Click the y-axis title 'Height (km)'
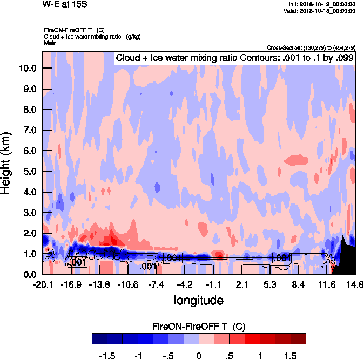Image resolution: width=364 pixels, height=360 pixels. (x=7, y=163)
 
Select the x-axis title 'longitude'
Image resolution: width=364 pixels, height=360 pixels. (x=198, y=300)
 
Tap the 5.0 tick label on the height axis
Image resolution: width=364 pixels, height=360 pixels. (x=29, y=172)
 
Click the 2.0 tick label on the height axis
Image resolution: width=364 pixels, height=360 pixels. (x=29, y=234)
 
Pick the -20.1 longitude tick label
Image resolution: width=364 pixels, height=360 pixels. (x=42, y=284)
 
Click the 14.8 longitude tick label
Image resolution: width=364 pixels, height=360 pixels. (x=354, y=284)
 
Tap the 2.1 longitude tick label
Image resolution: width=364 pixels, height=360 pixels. (x=241, y=284)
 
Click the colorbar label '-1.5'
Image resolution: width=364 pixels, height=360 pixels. (x=107, y=356)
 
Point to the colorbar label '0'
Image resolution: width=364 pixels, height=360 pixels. (x=199, y=356)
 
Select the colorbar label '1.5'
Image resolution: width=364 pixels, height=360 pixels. (x=291, y=356)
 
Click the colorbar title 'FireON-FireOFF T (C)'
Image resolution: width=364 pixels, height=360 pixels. (x=199, y=327)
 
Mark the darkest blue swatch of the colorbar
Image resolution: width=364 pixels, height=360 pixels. (x=99, y=338)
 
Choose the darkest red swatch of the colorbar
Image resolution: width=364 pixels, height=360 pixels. (x=298, y=338)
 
